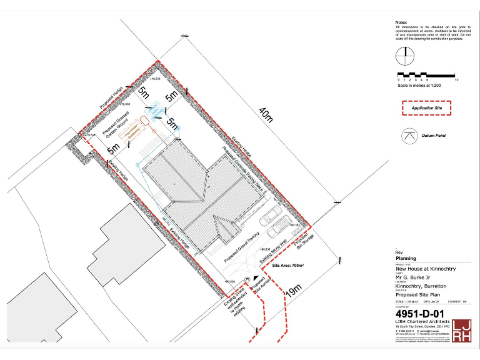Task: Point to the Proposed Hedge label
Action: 114,99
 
